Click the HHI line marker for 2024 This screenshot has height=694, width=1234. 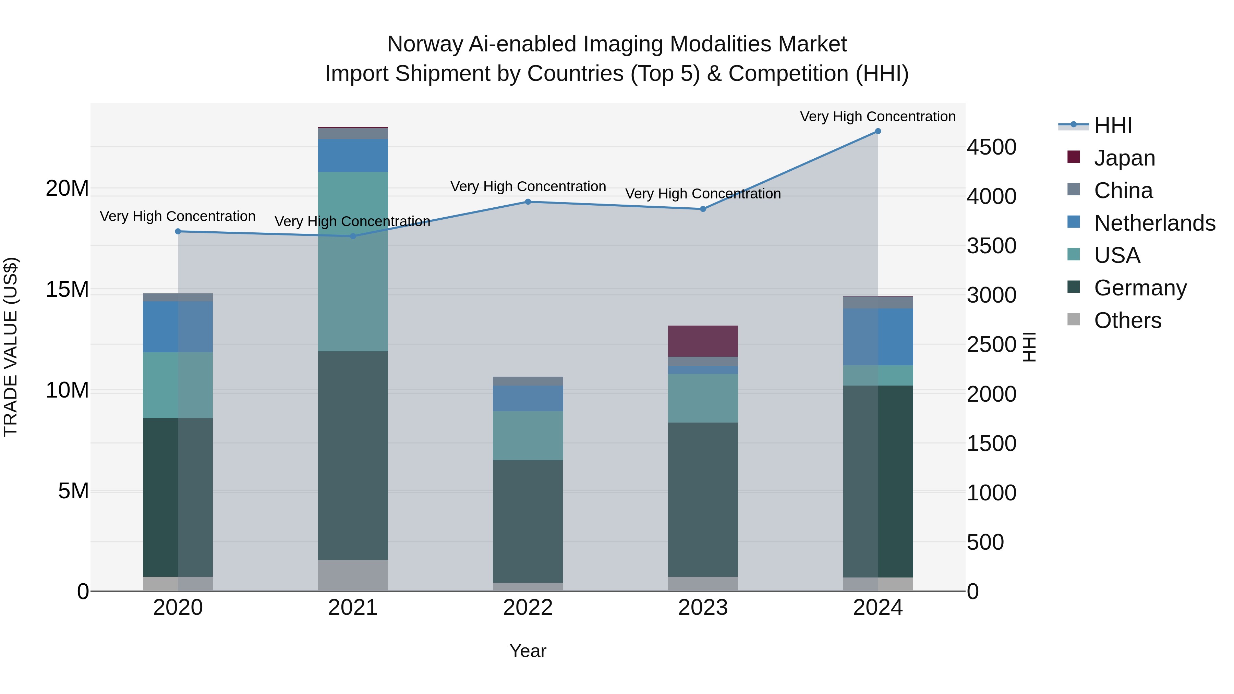pyautogui.click(x=878, y=131)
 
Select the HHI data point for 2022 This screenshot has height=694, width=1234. pyautogui.click(x=528, y=202)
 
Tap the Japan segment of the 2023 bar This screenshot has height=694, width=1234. pyautogui.click(x=703, y=341)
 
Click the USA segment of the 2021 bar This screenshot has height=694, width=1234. pyautogui.click(x=353, y=261)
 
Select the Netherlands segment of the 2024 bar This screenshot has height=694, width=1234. pyautogui.click(x=878, y=337)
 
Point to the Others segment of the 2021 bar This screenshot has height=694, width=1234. pyautogui.click(x=353, y=575)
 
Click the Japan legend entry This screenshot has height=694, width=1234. pyautogui.click(x=1124, y=158)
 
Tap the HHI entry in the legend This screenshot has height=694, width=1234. pyautogui.click(x=1112, y=125)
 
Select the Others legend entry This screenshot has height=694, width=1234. pyautogui.click(x=1127, y=320)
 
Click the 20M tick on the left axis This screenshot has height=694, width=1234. pyautogui.click(x=67, y=188)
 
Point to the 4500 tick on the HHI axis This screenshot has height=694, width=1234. pyautogui.click(x=991, y=147)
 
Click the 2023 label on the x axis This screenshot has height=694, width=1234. pyautogui.click(x=703, y=608)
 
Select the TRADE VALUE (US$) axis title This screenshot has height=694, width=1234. pyautogui.click(x=11, y=347)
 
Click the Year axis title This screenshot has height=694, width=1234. pyautogui.click(x=528, y=651)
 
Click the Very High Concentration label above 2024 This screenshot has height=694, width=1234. pyautogui.click(x=878, y=117)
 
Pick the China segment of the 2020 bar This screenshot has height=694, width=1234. pyautogui.click(x=178, y=297)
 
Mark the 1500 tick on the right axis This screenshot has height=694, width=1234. pyautogui.click(x=991, y=443)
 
